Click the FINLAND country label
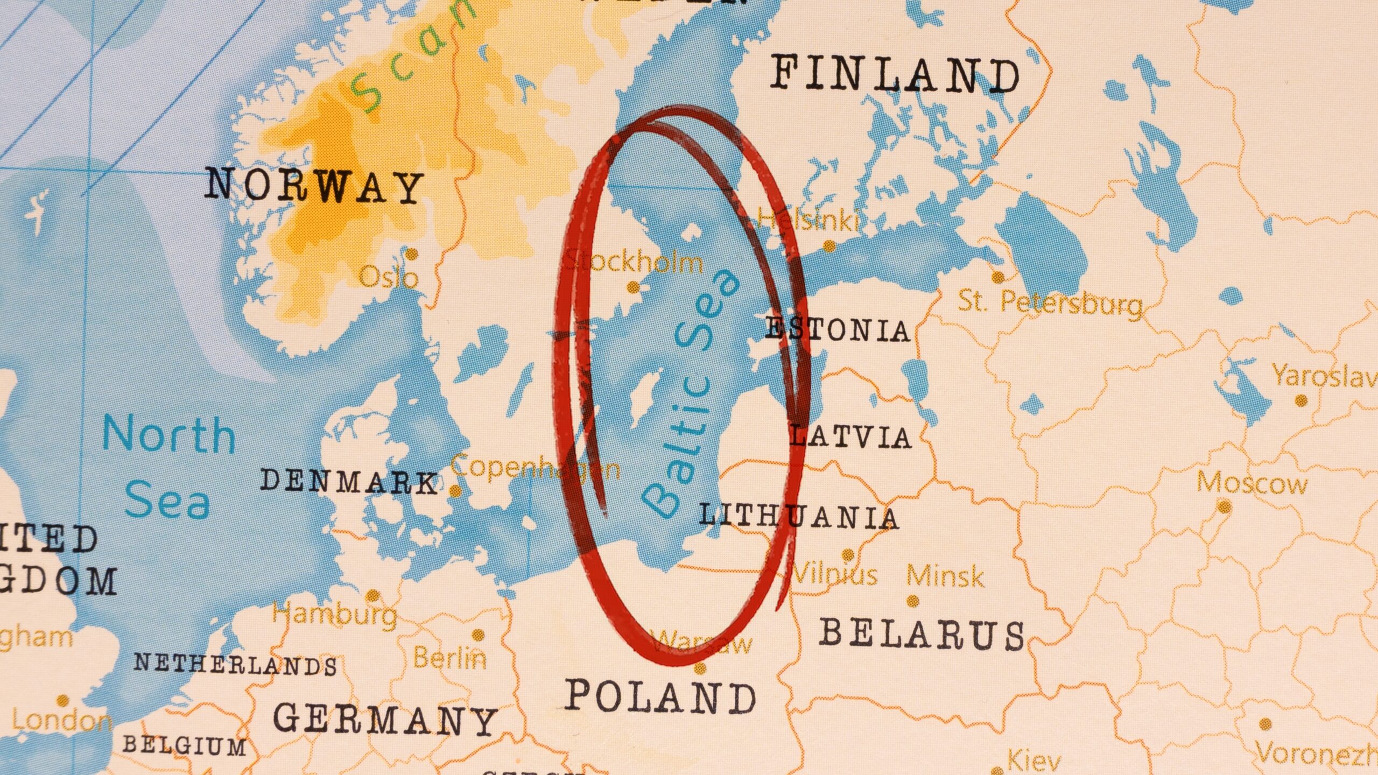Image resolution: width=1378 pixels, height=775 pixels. [x=895, y=76]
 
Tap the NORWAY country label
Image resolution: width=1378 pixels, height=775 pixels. [x=314, y=186]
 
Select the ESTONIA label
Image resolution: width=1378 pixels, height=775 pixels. [x=838, y=329]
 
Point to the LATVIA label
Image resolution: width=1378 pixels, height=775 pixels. [x=851, y=436]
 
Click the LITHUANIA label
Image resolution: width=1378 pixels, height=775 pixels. [x=799, y=517]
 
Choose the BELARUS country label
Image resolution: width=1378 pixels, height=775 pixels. [x=922, y=634]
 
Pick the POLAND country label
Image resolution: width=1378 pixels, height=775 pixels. [x=660, y=696]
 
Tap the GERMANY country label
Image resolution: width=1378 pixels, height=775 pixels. [x=385, y=719]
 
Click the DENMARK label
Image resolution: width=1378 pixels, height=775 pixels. [x=349, y=481]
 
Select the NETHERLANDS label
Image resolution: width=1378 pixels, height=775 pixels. [x=236, y=665]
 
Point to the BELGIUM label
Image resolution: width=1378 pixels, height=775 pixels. [x=184, y=746]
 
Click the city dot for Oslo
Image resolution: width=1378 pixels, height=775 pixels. [x=412, y=254]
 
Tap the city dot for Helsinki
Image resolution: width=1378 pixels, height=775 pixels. [x=829, y=246]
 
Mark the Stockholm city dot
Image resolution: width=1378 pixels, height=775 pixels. [x=634, y=287]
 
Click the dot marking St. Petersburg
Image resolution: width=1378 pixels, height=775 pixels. [x=997, y=278]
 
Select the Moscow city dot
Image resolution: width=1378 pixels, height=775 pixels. [x=1224, y=506]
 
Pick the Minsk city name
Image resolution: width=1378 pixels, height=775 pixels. [x=945, y=576]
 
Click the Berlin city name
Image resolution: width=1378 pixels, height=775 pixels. [x=449, y=658]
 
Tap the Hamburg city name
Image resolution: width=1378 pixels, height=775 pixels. [x=335, y=615]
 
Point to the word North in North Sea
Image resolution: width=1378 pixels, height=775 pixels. [x=169, y=435]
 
